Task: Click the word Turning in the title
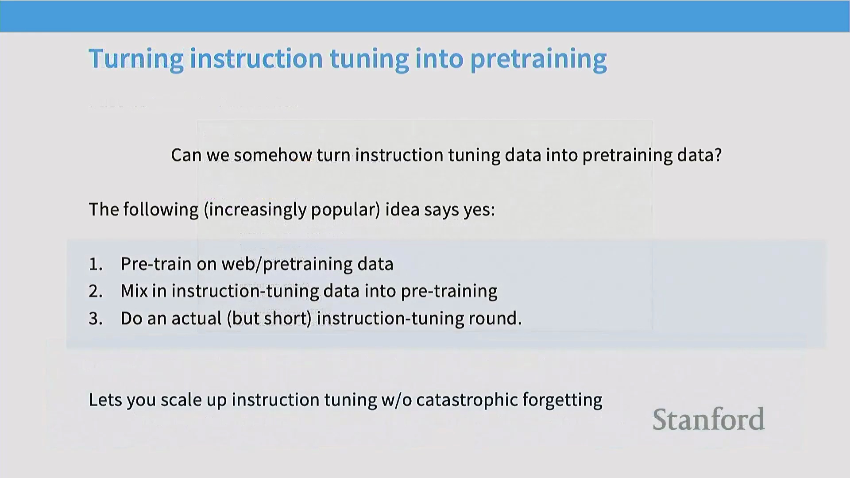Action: [x=136, y=59]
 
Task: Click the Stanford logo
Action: [x=708, y=419]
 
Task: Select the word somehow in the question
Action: [x=273, y=155]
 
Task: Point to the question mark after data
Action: [x=718, y=155]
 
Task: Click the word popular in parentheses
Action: [x=343, y=210]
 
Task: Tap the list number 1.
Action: [x=95, y=264]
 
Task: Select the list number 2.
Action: [x=95, y=291]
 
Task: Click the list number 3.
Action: [x=95, y=319]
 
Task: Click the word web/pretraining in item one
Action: [x=286, y=264]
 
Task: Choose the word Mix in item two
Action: [x=134, y=291]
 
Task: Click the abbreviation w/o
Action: [x=396, y=400]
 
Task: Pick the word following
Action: [x=161, y=210]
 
